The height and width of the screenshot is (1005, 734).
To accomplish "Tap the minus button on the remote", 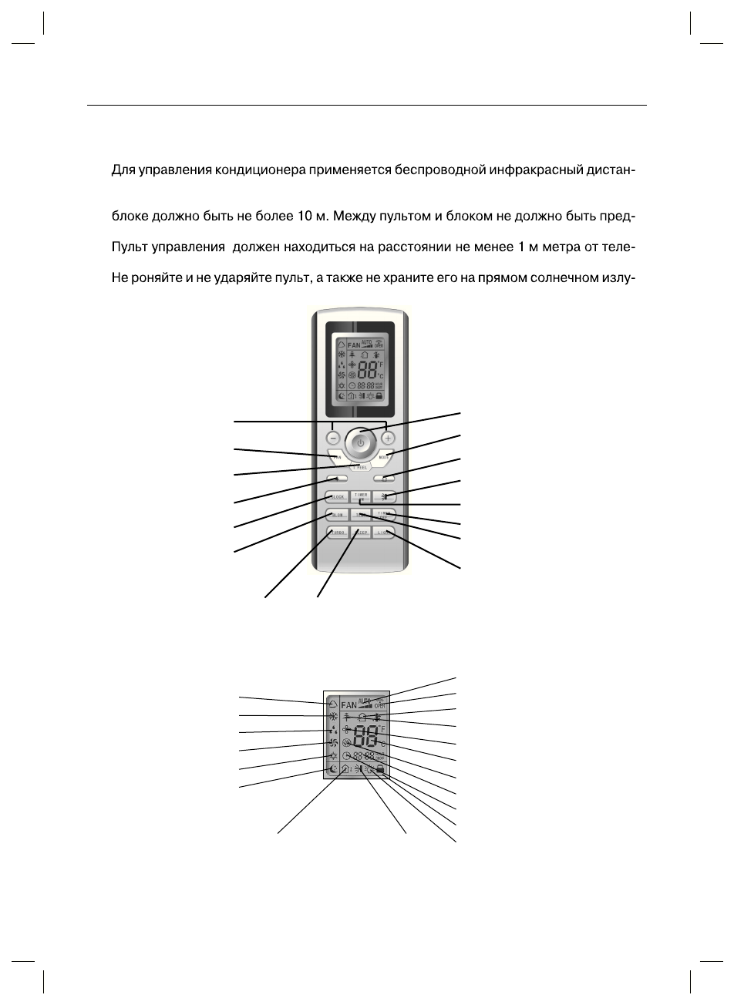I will [x=332, y=438].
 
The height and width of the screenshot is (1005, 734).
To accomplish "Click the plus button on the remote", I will [x=387, y=438].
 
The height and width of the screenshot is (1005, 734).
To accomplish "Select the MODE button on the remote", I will [x=384, y=457].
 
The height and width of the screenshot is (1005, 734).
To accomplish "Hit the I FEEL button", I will [x=359, y=467].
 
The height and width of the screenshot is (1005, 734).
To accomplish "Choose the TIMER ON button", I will [x=360, y=497].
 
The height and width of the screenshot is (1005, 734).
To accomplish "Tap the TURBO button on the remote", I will [x=337, y=532].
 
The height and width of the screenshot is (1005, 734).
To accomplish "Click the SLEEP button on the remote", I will [x=360, y=532].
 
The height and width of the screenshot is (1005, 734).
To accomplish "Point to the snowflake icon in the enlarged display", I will [x=332, y=716].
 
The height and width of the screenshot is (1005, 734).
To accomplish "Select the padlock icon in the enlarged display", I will [x=381, y=769].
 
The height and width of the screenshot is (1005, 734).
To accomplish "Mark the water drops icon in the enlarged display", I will [x=332, y=729].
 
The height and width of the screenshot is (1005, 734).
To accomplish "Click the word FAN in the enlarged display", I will [x=349, y=704].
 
